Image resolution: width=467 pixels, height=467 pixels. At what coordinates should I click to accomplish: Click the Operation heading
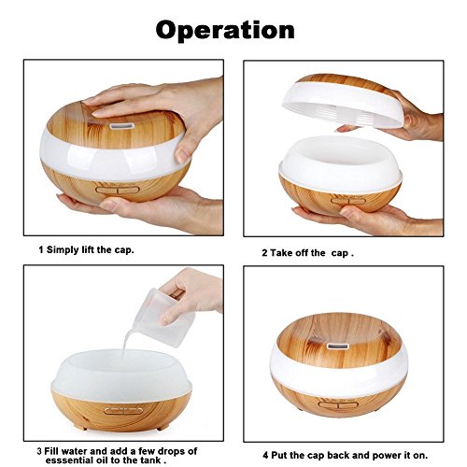225,30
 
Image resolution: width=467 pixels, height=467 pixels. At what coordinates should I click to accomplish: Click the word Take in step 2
280,253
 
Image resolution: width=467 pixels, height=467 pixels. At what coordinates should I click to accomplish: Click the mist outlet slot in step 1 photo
121,126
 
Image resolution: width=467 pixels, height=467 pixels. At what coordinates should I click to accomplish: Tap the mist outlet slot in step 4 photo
338,346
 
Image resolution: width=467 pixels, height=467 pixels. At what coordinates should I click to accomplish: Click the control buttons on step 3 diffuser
123,411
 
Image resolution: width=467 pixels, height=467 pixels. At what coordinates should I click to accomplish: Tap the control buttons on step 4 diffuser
338,405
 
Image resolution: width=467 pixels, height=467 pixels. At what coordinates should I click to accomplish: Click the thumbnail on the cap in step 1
182,155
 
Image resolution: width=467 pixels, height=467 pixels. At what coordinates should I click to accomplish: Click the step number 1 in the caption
41,250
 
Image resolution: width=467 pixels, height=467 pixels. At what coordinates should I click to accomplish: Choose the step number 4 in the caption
265,455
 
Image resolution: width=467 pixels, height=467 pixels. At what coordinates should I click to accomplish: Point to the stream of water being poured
127,343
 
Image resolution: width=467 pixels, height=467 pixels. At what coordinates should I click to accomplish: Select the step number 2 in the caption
264,253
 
